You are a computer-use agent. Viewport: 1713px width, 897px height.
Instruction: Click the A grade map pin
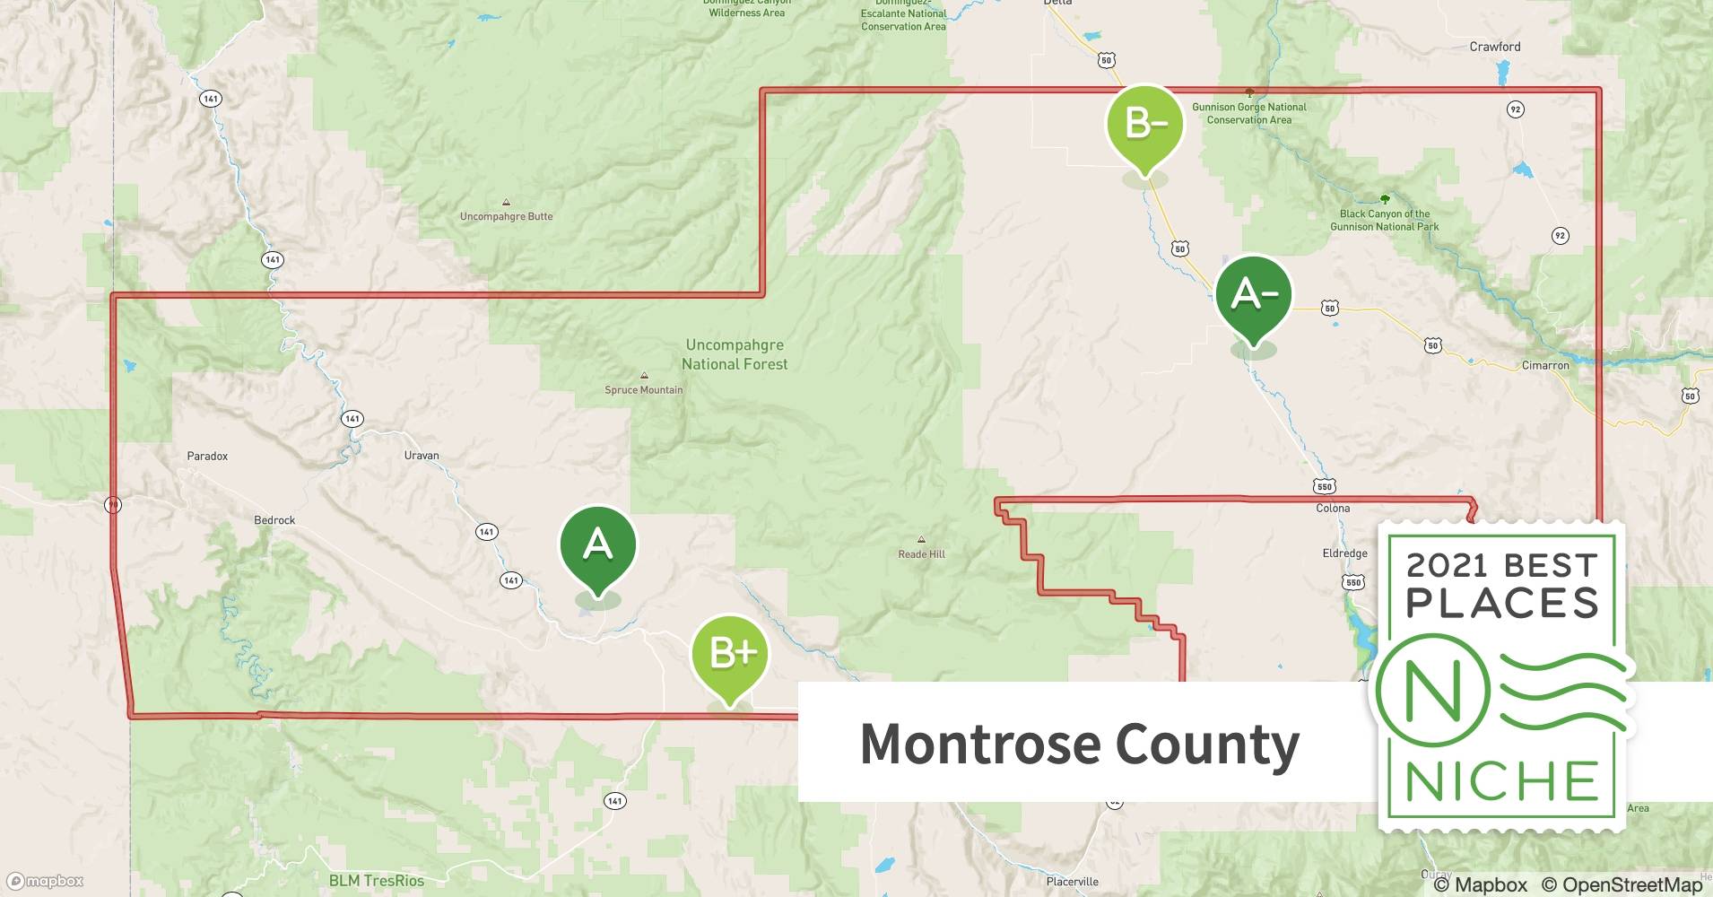coord(598,546)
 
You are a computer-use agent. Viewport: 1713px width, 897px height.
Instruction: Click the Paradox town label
coord(207,456)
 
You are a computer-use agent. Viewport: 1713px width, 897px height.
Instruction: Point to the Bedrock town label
coord(274,520)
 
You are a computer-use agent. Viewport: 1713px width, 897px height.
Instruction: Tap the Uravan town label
coord(422,455)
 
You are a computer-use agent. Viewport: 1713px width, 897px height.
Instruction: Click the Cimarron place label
coord(1545,365)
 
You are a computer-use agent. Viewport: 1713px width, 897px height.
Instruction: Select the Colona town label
coord(1333,508)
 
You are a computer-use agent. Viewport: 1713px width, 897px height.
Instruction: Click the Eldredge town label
coord(1344,553)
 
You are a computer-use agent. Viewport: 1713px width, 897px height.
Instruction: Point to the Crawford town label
coord(1495,47)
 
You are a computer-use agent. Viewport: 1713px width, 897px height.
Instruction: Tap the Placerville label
coord(1072,882)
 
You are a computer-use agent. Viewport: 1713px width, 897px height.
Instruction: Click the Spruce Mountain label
coord(644,389)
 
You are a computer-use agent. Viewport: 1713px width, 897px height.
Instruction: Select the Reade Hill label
coord(922,553)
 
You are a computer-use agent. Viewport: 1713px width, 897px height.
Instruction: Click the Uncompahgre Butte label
coord(506,216)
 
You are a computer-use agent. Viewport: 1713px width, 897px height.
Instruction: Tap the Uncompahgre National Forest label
coord(735,354)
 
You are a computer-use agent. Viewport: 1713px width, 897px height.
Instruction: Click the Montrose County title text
coord(1079,744)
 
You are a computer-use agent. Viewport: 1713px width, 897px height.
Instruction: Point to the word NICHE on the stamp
coord(1502,781)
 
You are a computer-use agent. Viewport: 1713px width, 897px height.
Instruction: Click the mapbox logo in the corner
coord(46,881)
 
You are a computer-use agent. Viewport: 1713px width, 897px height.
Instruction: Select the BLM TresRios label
coord(376,880)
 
